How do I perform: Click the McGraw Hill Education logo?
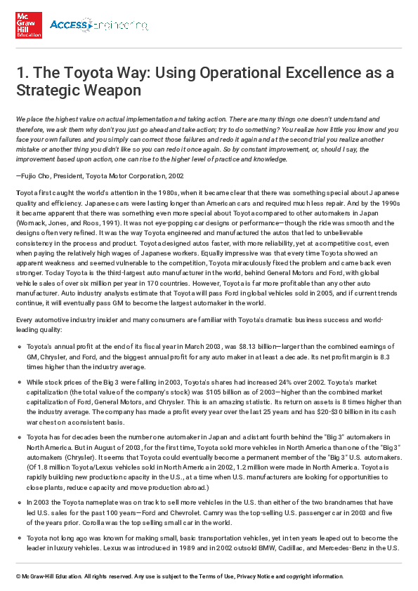pos(29,26)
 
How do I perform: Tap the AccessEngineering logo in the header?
pos(98,26)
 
